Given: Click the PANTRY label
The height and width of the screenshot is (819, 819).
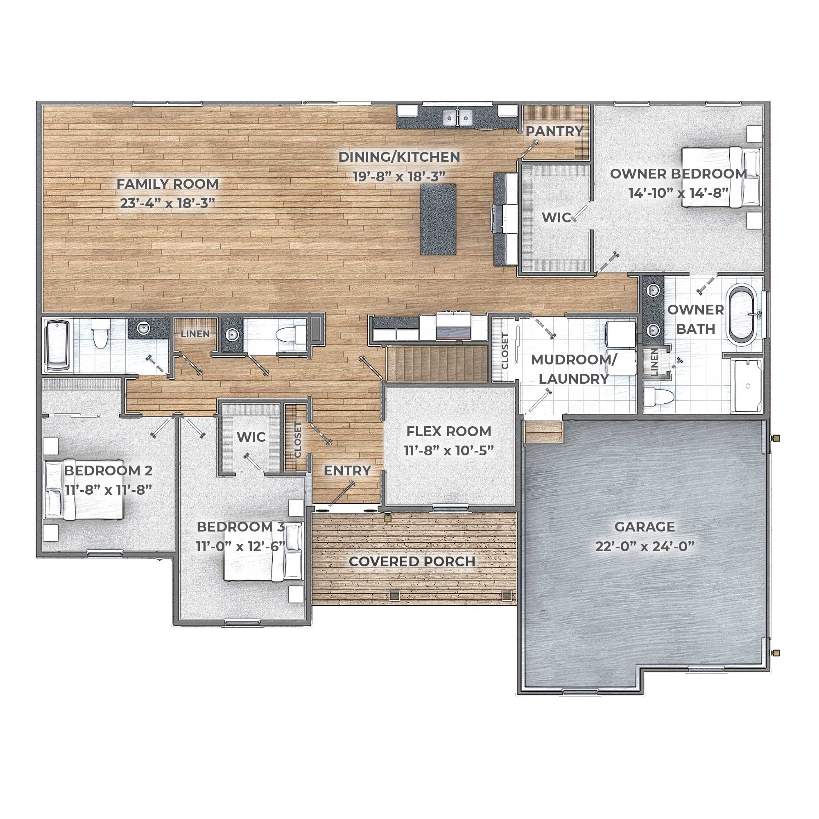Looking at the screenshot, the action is pyautogui.click(x=554, y=131).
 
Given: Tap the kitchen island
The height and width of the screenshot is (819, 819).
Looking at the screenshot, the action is pyautogui.click(x=438, y=219).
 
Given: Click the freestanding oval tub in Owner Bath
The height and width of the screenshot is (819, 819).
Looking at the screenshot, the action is pyautogui.click(x=742, y=314).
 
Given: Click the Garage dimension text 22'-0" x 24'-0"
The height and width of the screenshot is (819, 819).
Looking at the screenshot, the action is pyautogui.click(x=645, y=546).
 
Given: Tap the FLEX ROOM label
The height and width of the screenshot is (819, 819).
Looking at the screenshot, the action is pyautogui.click(x=448, y=431).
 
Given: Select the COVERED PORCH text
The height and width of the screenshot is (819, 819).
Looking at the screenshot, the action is pyautogui.click(x=412, y=562).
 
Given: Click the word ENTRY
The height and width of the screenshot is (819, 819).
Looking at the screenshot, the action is pyautogui.click(x=347, y=471).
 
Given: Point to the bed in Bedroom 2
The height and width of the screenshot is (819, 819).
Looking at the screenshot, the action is pyautogui.click(x=84, y=490).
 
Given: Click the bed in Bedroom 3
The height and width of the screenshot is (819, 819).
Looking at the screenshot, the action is pyautogui.click(x=263, y=552).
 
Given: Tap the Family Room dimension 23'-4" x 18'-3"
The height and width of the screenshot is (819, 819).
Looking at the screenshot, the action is pyautogui.click(x=167, y=204).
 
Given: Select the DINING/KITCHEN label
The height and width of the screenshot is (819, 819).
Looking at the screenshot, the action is pyautogui.click(x=399, y=157).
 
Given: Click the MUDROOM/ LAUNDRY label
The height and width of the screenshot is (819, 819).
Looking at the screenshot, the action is pyautogui.click(x=574, y=369).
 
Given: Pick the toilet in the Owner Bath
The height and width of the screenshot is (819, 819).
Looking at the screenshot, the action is pyautogui.click(x=659, y=397).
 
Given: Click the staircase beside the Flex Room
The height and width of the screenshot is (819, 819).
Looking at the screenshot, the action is pyautogui.click(x=437, y=363).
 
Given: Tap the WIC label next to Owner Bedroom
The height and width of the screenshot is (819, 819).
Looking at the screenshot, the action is pyautogui.click(x=556, y=217).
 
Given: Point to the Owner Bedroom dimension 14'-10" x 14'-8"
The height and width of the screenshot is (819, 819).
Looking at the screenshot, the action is pyautogui.click(x=678, y=193).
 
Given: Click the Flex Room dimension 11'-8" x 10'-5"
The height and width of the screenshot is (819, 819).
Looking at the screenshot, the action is pyautogui.click(x=448, y=450).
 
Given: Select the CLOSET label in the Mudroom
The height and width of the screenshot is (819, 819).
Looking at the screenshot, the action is pyautogui.click(x=505, y=351).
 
